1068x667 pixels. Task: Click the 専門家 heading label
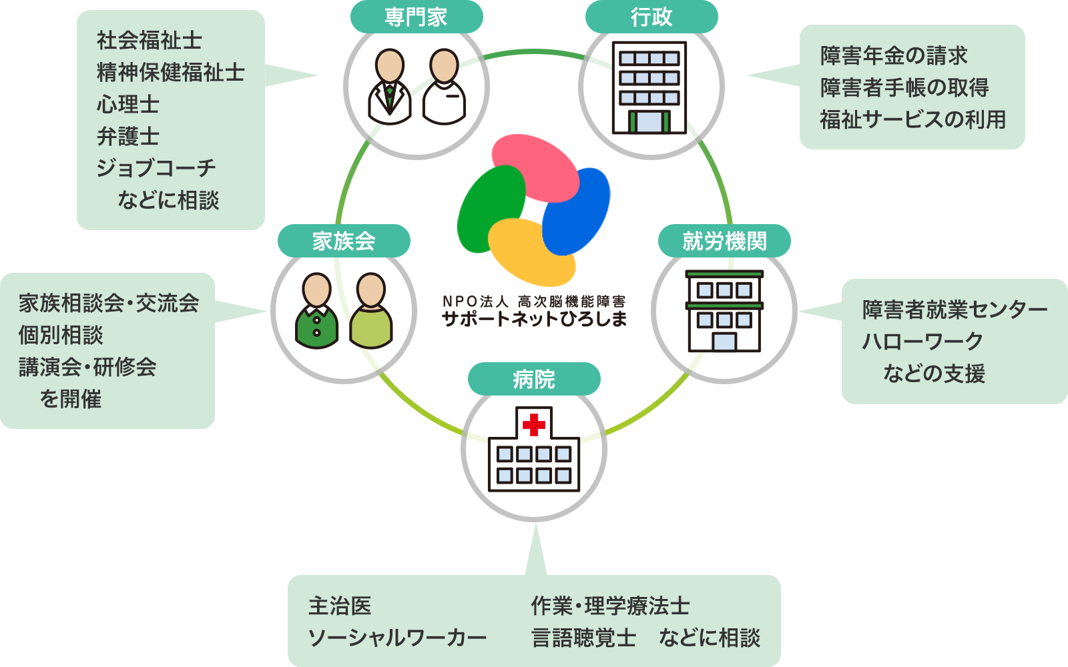(416, 17)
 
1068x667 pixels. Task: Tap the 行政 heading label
(651, 17)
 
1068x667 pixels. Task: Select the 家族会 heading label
(344, 241)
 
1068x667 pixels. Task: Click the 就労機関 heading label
(724, 241)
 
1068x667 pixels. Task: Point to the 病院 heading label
(534, 379)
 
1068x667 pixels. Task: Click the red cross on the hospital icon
(534, 424)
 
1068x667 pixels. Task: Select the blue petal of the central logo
(577, 210)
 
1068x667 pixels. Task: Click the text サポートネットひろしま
(534, 319)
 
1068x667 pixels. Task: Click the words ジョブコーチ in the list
(156, 168)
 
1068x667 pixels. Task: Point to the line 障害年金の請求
(894, 55)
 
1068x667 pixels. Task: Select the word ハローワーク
(922, 342)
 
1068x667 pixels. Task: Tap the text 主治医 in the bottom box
(339, 606)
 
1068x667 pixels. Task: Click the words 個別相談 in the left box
(61, 335)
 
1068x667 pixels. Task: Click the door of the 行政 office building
(649, 121)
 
